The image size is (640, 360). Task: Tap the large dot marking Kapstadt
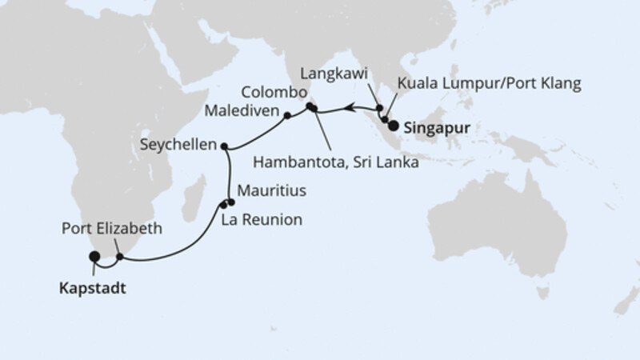click(x=94, y=257)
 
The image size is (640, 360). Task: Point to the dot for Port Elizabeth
click(x=120, y=258)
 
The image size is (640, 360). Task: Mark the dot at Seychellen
click(x=225, y=146)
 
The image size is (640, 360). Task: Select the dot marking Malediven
click(x=286, y=116)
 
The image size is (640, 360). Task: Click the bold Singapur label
click(x=436, y=126)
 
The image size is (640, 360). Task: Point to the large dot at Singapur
click(x=394, y=125)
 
